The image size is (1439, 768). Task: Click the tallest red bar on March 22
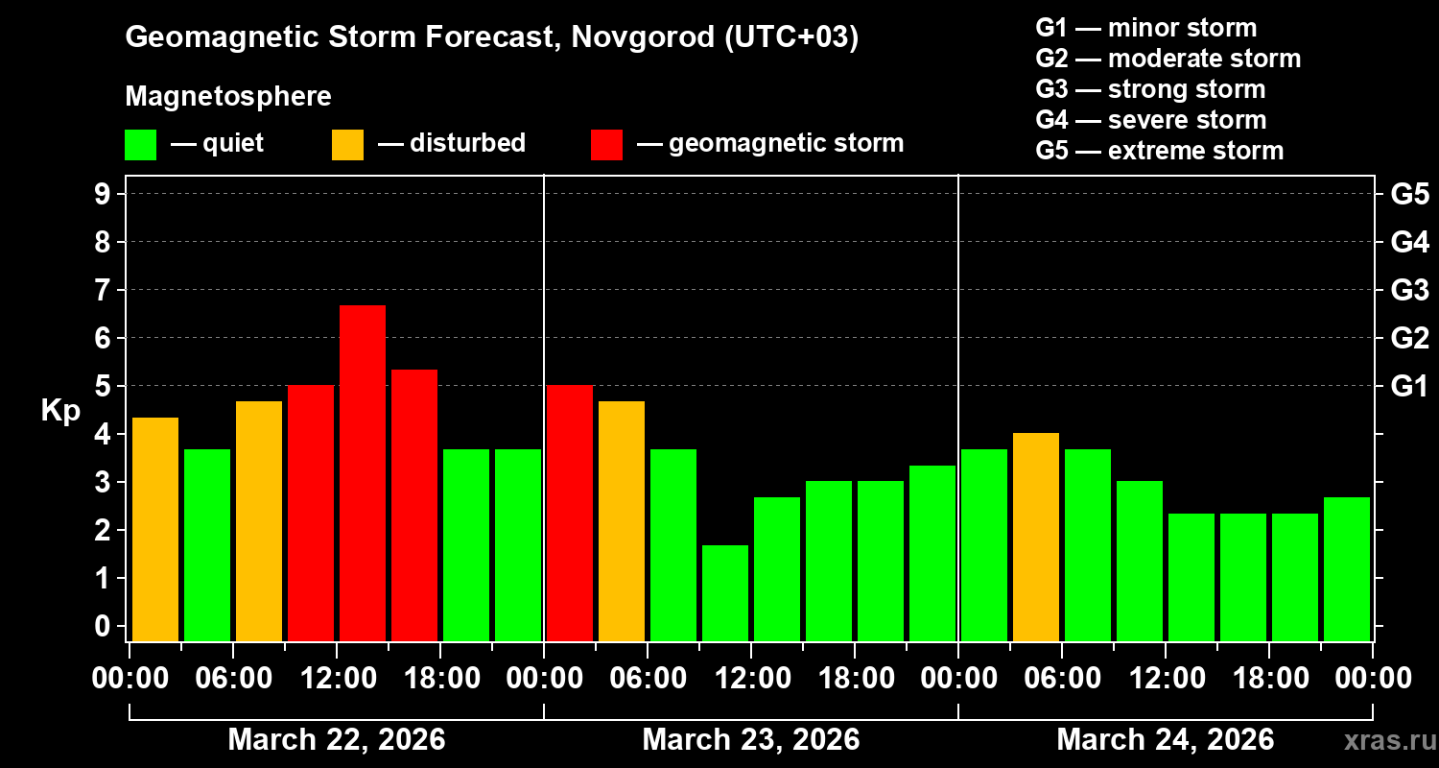tap(363, 472)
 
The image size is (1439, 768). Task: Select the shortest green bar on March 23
tap(725, 592)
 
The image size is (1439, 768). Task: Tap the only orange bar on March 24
tap(1036, 537)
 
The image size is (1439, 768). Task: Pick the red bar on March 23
tap(570, 513)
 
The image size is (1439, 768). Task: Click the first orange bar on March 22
tap(155, 529)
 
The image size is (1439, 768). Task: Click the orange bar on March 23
tap(622, 520)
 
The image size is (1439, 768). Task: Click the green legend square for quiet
tap(140, 145)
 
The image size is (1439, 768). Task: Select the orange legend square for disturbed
tap(347, 145)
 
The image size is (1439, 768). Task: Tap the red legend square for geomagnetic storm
tap(606, 145)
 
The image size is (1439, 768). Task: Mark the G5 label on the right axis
tap(1409, 194)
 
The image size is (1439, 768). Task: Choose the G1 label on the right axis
tap(1409, 386)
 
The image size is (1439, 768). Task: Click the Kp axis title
tap(59, 410)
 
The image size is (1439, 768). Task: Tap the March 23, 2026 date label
tap(750, 739)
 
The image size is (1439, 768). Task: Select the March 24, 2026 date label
tap(1165, 739)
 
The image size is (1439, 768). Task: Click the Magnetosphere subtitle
tap(228, 97)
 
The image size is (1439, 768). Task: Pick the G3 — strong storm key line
tap(1150, 89)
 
